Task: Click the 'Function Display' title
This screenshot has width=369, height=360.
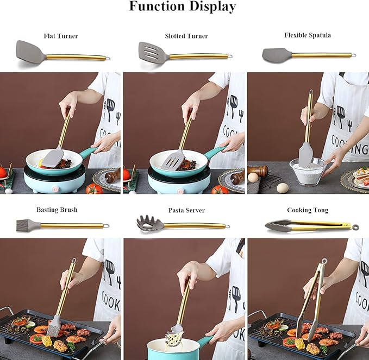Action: point(183,7)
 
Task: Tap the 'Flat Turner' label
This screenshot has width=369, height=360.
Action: point(61,36)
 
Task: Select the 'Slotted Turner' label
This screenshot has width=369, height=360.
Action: point(186,36)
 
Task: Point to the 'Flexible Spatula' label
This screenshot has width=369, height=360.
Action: point(308,35)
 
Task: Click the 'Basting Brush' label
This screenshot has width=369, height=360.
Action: point(57,210)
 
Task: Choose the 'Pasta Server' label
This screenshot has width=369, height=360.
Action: point(186,210)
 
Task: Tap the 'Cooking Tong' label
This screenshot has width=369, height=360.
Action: point(308,210)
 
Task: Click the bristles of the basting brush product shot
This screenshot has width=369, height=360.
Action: point(23,225)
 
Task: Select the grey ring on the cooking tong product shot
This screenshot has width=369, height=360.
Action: point(355,227)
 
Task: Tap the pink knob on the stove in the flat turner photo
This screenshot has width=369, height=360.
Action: point(55,189)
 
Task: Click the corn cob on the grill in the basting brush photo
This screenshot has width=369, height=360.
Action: point(47,340)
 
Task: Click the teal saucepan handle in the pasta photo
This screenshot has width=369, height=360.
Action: point(205,340)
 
